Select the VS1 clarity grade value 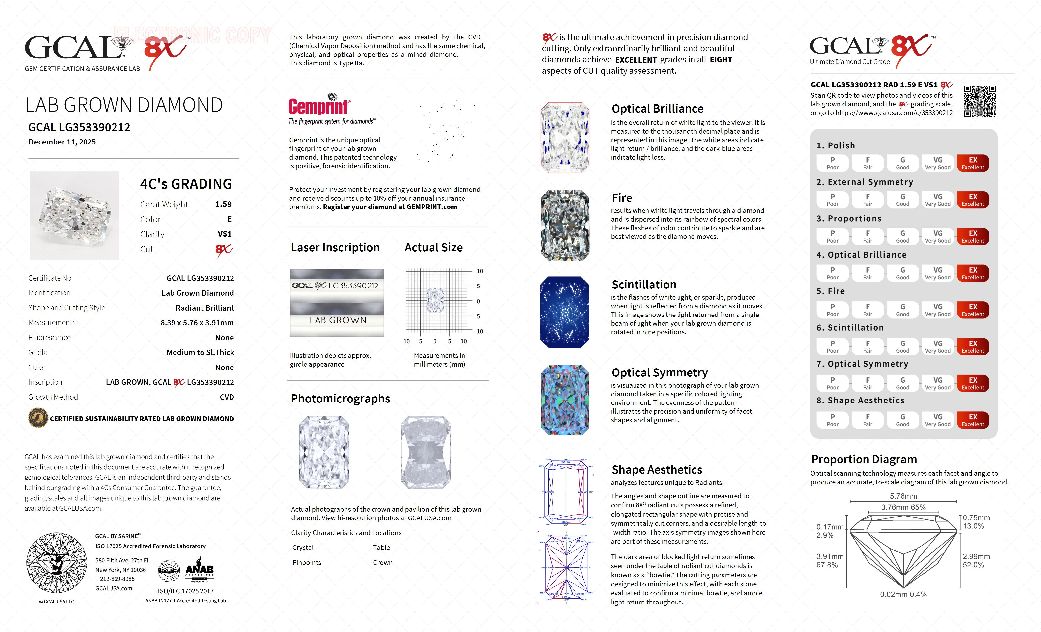[224, 234]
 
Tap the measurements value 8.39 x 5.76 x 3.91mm [197, 323]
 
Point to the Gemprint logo [319, 106]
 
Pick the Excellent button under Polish [973, 163]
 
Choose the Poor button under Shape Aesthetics [832, 420]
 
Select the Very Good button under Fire [937, 310]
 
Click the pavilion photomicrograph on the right [426, 452]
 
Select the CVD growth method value [227, 397]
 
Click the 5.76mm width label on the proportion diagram [903, 496]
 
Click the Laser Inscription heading [335, 248]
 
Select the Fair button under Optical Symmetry [867, 383]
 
